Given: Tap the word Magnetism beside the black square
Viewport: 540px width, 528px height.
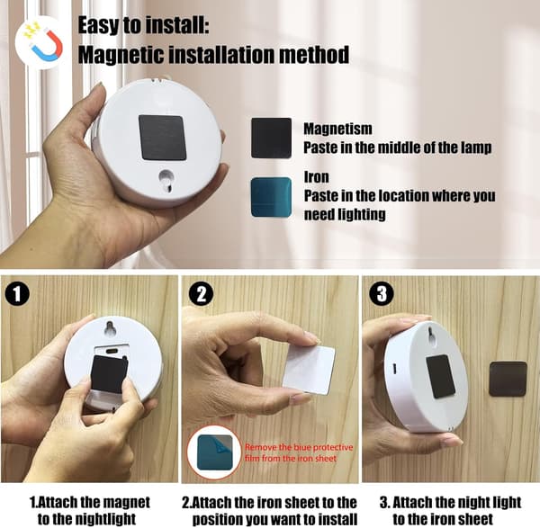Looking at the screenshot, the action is point(337,129).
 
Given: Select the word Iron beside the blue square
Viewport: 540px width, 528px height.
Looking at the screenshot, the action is point(316,177).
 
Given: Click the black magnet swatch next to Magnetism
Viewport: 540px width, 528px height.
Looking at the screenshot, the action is point(272,138).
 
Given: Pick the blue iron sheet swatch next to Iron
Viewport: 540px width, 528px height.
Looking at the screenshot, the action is point(272,197).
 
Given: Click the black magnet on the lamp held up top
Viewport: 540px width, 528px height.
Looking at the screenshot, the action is point(163,138).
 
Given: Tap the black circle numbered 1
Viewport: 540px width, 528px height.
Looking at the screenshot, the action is point(17,294).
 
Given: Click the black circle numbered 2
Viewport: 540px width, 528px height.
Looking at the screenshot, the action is point(201,294).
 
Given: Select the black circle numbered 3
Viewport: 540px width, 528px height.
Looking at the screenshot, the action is point(382,294).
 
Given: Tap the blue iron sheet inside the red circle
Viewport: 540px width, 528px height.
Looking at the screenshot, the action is point(214,452).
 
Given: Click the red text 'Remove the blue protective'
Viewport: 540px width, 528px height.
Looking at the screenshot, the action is point(299,447).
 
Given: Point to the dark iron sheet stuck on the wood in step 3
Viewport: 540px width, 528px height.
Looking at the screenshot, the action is point(508,379).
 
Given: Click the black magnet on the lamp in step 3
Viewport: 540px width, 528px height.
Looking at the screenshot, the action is point(441,377).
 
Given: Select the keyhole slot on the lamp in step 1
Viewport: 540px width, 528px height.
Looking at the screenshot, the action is point(111,328).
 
